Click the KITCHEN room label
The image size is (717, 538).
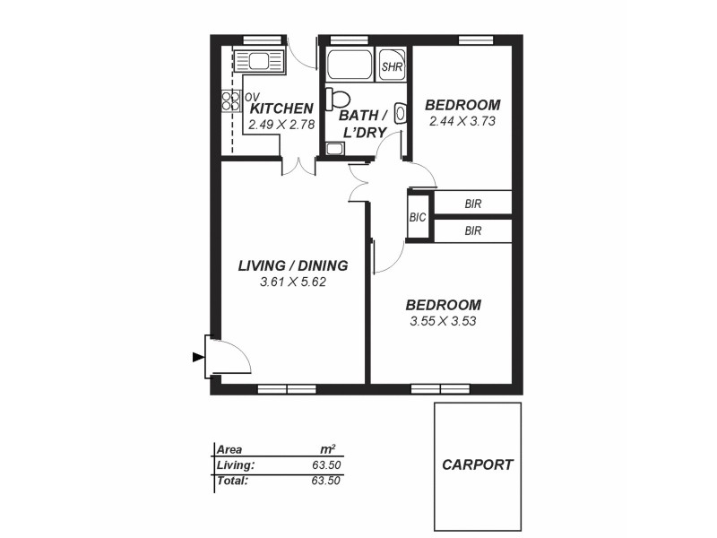(281, 108)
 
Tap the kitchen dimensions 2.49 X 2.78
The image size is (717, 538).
(281, 125)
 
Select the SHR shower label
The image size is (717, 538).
(392, 67)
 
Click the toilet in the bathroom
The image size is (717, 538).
(338, 98)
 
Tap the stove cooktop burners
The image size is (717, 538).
(230, 101)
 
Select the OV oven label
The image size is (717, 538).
(252, 97)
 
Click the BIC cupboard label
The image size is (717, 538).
(418, 218)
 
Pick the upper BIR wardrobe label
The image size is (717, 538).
(473, 204)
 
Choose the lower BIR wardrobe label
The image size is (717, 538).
(473, 231)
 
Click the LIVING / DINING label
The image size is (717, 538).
(292, 266)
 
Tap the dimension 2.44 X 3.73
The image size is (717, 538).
(462, 121)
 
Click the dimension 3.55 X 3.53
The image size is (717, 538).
(443, 321)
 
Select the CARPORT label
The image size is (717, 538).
(478, 464)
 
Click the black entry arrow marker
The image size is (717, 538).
(198, 357)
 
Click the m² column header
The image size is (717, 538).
(328, 449)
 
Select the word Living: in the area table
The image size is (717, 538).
(236, 464)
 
